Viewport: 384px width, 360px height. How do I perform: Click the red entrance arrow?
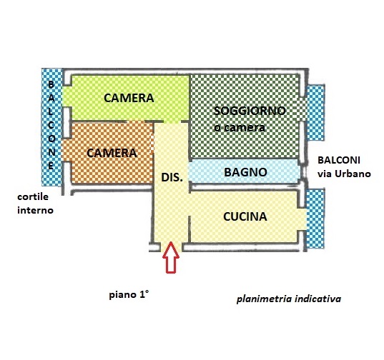pyautogui.click(x=171, y=257)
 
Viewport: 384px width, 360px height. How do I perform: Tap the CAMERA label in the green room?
pyautogui.click(x=129, y=98)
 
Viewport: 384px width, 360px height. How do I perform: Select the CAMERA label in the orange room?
pyautogui.click(x=112, y=153)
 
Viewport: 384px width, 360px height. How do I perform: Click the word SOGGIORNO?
pyautogui.click(x=250, y=111)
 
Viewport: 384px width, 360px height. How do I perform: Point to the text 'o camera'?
pyautogui.click(x=240, y=128)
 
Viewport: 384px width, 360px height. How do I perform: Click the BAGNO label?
pyautogui.click(x=245, y=172)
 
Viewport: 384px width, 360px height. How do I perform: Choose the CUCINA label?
pyautogui.click(x=245, y=216)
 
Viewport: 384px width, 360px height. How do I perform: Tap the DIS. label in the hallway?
pyautogui.click(x=172, y=177)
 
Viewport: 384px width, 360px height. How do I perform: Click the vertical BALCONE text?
pyautogui.click(x=51, y=125)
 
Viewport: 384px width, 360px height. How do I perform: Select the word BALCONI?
pyautogui.click(x=339, y=161)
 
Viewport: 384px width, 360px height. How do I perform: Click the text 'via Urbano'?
pyautogui.click(x=344, y=174)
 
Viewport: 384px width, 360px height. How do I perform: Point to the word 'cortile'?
pyautogui.click(x=33, y=196)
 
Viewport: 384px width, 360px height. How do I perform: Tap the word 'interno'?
pyautogui.click(x=35, y=210)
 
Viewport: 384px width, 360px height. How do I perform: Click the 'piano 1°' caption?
pyautogui.click(x=129, y=295)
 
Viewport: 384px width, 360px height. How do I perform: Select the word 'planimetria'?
pyautogui.click(x=265, y=299)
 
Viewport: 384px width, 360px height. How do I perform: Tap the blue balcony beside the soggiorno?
pyautogui.click(x=316, y=113)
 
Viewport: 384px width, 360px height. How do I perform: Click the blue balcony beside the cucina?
pyautogui.click(x=315, y=219)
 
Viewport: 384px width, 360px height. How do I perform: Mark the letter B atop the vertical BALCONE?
pyautogui.click(x=51, y=84)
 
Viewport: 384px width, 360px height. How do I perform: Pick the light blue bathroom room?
pyautogui.click(x=245, y=171)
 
